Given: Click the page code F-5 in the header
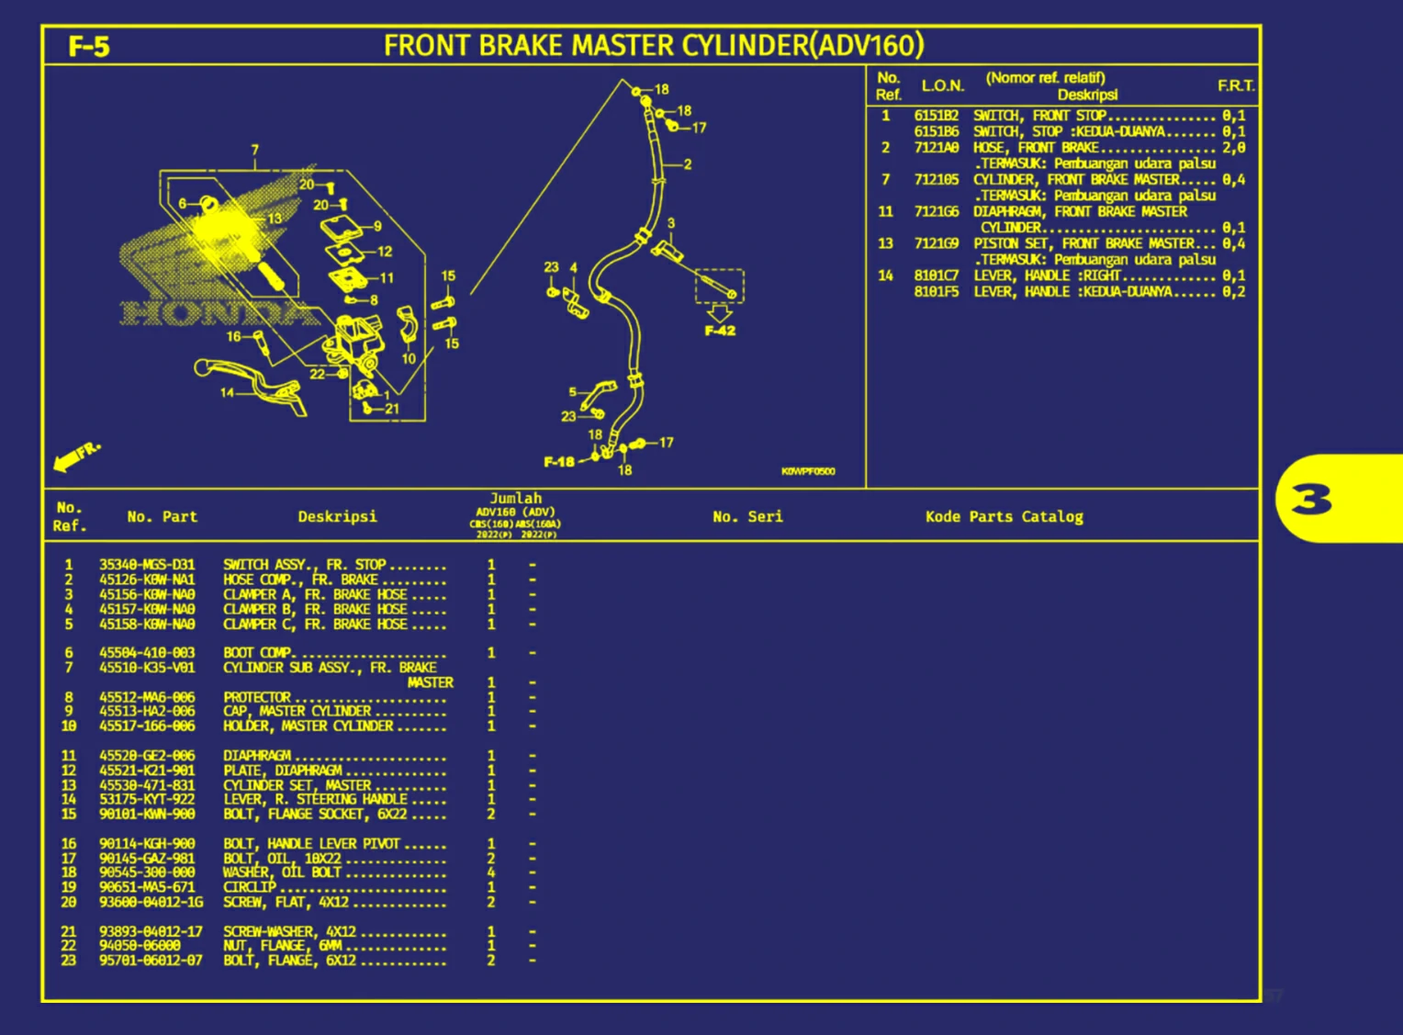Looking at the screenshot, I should (x=89, y=46).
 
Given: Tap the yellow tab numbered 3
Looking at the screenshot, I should (x=1310, y=501).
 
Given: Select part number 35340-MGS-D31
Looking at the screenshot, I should (x=147, y=565).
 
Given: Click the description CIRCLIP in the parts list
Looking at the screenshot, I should (x=250, y=887).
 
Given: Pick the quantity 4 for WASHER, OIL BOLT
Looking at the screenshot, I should (x=491, y=872).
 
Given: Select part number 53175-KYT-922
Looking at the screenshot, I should (x=147, y=800).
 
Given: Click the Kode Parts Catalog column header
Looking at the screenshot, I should (x=1004, y=517).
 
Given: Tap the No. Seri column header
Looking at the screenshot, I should (x=747, y=517).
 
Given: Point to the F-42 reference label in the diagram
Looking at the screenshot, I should (x=720, y=331).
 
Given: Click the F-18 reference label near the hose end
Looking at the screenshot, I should (x=558, y=461).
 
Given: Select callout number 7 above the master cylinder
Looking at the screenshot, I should (x=255, y=150).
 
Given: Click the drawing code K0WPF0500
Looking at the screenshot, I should (x=808, y=471).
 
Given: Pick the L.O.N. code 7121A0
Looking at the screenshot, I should (x=936, y=148).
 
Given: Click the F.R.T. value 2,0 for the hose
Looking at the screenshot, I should (x=1233, y=148).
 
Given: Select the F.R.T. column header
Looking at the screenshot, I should (x=1235, y=85).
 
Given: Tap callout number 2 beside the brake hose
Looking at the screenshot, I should (x=688, y=164).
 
